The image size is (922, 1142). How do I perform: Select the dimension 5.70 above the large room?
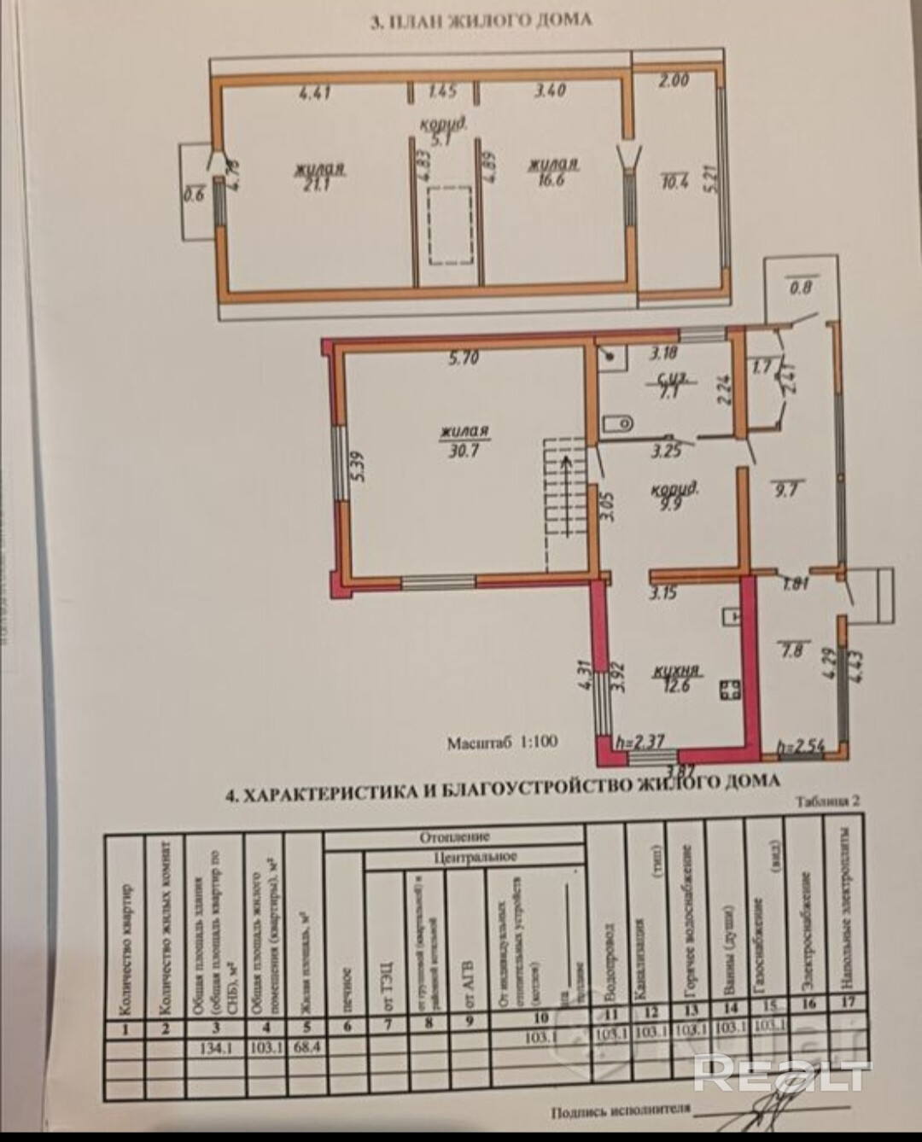click(x=464, y=359)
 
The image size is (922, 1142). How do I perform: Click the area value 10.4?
click(x=675, y=180)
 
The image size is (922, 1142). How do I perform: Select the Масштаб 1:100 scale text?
click(x=502, y=742)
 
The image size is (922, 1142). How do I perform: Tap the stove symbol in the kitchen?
click(x=729, y=689)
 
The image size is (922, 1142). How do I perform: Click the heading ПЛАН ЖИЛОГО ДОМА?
click(x=481, y=21)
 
